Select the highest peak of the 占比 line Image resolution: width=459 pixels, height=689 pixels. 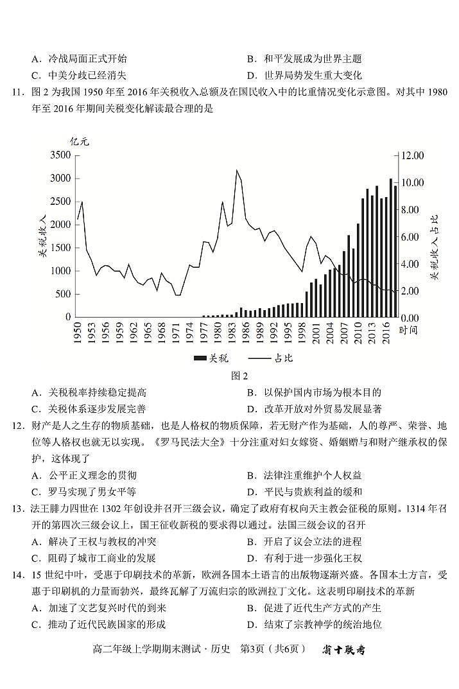coord(237,170)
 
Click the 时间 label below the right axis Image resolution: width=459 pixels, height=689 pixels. coord(408,330)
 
